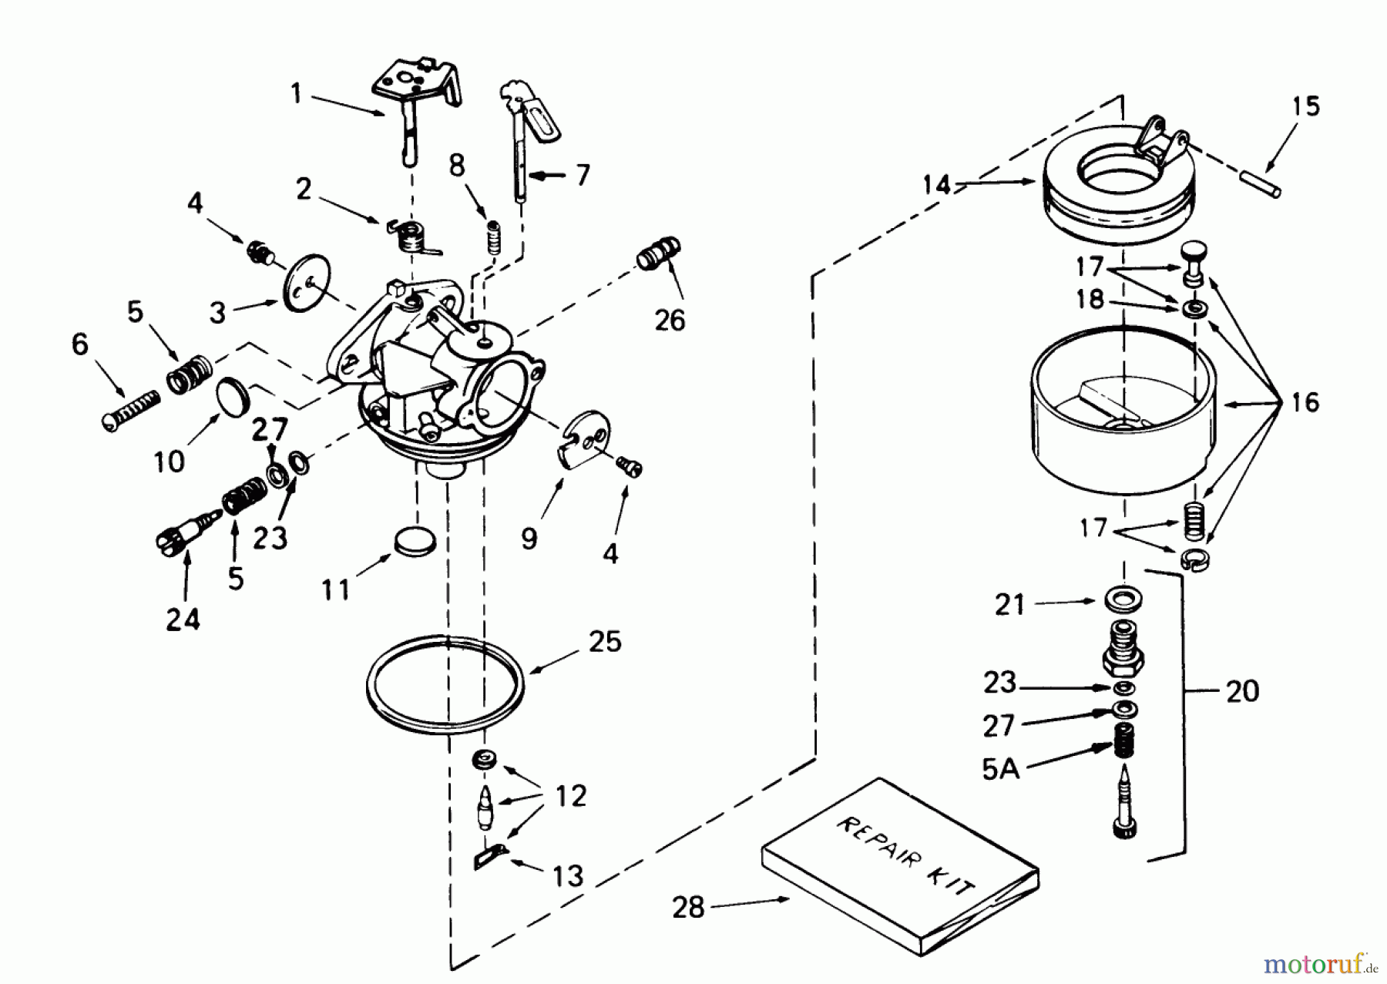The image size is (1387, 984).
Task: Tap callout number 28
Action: tap(687, 907)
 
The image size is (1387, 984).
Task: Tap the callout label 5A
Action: tap(1000, 768)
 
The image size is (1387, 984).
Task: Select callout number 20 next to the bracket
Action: tap(1242, 690)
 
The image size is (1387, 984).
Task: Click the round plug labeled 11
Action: tap(415, 541)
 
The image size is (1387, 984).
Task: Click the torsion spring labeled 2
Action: tap(412, 235)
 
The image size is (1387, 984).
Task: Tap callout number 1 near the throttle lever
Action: tap(296, 94)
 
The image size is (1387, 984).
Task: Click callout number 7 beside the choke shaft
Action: tap(583, 175)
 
